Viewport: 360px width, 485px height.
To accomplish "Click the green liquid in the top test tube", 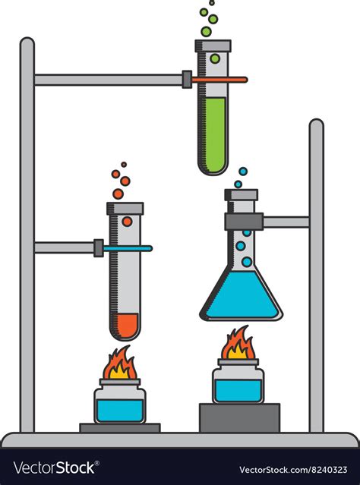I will coord(213,133).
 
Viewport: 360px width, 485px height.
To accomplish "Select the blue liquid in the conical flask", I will coord(241,300).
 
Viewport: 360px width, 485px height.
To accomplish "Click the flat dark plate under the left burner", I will coord(120,428).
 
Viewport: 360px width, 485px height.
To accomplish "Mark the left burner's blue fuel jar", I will coord(119,408).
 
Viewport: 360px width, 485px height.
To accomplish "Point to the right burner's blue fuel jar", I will coord(238,388).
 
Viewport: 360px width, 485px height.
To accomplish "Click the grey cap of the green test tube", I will coord(213,46).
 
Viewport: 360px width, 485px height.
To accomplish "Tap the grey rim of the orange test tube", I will coord(125,208).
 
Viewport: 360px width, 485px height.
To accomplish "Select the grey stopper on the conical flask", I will coord(241,196).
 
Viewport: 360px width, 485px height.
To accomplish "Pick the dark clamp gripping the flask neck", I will coord(243,222).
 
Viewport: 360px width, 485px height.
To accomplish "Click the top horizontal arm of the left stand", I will coord(106,79).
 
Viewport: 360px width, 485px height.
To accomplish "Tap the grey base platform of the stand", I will coord(180,439).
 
